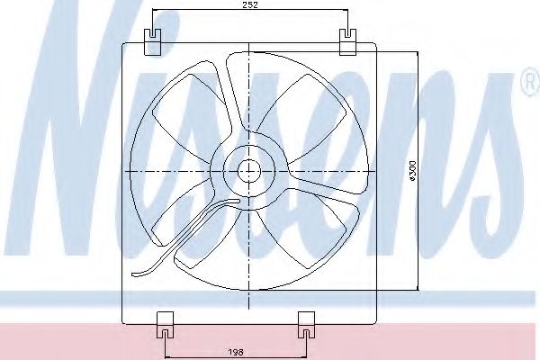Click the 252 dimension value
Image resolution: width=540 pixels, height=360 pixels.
(251, 4)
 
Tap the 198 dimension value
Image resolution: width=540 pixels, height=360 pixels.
(236, 353)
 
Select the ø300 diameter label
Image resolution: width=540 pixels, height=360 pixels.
(410, 171)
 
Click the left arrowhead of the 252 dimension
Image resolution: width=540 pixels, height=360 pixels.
(154, 11)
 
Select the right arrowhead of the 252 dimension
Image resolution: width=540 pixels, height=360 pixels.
(346, 11)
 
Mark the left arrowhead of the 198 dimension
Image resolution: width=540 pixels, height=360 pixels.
(166, 344)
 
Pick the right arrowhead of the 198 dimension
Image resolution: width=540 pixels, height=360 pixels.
(305, 344)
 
